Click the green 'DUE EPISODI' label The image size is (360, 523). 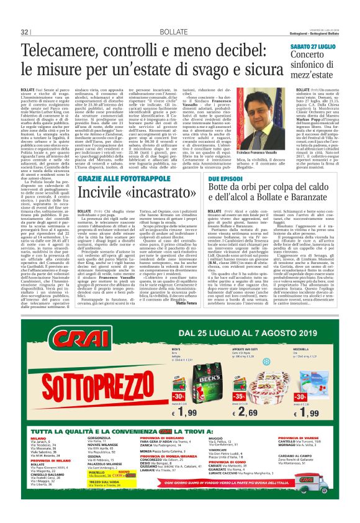click(238, 160)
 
